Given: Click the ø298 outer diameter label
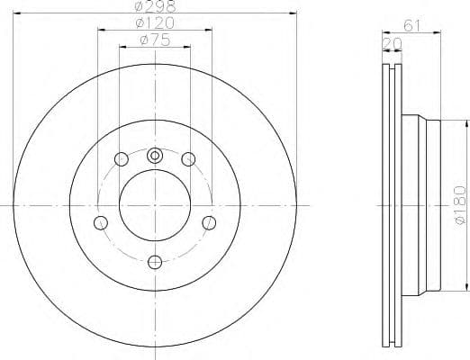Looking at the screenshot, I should tap(153, 6).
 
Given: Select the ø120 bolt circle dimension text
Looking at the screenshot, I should tap(154, 22).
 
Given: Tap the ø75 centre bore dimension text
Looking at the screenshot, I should tap(154, 40).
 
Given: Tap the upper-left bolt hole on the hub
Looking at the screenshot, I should tap(121, 160).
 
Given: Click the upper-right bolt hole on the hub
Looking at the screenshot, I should tap(187, 160).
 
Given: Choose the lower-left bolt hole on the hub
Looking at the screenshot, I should tap(100, 222).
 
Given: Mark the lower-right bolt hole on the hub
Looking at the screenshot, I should tap(209, 222).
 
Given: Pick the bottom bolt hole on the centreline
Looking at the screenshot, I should tap(154, 261).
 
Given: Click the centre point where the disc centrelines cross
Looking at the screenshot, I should tap(154, 206).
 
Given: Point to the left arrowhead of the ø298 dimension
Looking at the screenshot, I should tap(22, 13).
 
